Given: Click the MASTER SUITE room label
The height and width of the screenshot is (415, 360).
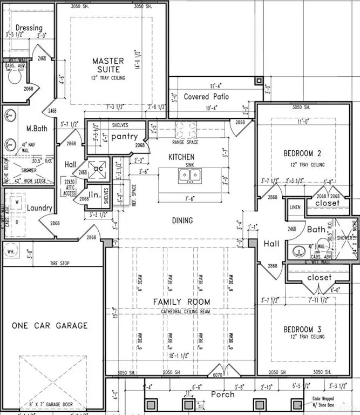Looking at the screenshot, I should [108, 65].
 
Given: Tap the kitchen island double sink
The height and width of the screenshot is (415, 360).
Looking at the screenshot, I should [189, 175].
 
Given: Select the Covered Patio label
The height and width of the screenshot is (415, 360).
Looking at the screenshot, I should [206, 97].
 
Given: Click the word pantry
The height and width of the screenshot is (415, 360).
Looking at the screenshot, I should [125, 137].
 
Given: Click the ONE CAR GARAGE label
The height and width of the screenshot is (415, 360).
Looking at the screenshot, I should [50, 325].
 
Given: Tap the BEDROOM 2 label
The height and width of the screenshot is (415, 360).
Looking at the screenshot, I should [304, 154].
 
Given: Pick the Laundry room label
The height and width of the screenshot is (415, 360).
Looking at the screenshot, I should [39, 208].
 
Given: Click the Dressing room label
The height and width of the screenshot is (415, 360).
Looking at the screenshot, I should [29, 28].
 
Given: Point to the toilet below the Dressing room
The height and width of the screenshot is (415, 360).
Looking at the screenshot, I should [15, 76].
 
